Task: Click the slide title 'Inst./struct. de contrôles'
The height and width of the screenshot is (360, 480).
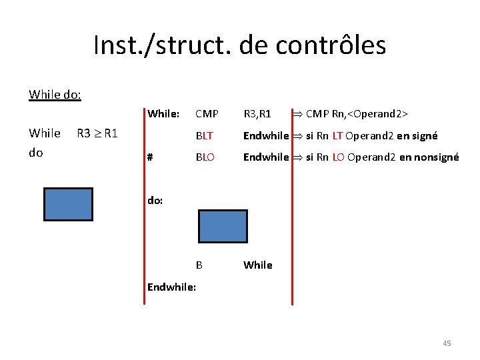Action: point(239,45)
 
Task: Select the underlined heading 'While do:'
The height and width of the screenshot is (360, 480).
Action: point(55,94)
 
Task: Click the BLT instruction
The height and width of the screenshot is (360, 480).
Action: point(204,136)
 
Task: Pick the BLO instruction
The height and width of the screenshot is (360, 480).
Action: point(205,158)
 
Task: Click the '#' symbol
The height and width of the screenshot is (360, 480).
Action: point(150,158)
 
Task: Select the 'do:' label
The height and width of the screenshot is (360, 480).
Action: point(155,199)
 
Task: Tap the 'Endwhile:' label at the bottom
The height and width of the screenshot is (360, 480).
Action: point(171,288)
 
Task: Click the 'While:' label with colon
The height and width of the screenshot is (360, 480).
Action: point(163,113)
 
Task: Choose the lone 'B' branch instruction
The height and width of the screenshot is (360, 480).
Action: point(199,265)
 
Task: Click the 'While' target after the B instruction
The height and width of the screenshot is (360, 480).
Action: point(257,265)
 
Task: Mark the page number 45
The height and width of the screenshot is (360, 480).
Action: point(447,343)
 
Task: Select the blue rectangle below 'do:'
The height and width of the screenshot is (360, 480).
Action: point(223,226)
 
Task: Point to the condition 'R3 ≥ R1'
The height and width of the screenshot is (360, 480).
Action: point(97,133)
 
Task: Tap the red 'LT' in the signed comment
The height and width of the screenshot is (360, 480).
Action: point(337,136)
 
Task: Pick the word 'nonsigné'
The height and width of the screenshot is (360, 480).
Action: point(436,158)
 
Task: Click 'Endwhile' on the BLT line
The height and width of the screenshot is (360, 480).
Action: point(265,136)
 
